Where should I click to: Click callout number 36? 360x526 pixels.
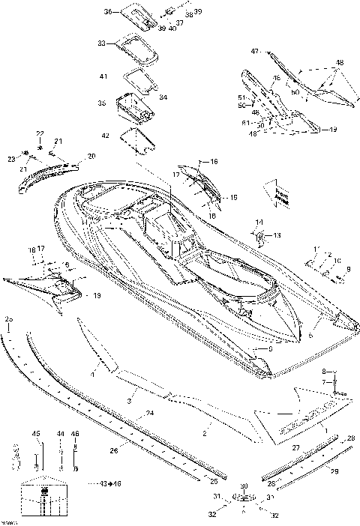[x=106, y=13]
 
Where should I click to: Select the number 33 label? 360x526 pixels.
[x=102, y=44]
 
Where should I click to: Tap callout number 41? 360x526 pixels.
[x=103, y=76]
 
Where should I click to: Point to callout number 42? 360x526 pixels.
[x=105, y=135]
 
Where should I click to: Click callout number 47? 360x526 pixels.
[x=254, y=51]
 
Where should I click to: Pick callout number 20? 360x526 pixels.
[x=91, y=156]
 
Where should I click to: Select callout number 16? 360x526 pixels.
[x=214, y=161]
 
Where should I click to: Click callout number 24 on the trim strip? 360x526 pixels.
[x=150, y=413]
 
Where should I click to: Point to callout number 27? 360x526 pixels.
[x=295, y=447]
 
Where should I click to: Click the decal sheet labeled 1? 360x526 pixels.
[x=300, y=416]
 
